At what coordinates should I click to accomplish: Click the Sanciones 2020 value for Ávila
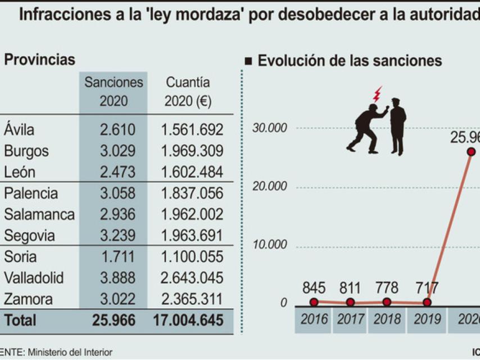click(117, 130)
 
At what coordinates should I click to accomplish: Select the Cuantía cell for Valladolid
click(192, 278)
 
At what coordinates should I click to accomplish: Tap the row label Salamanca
click(39, 214)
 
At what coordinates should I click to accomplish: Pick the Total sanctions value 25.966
click(114, 320)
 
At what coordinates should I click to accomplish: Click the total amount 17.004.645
click(188, 320)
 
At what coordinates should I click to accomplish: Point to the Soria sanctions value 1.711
click(117, 257)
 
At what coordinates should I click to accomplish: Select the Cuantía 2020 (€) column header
click(188, 92)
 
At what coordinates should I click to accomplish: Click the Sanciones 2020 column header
click(114, 92)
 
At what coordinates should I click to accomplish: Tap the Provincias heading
click(39, 60)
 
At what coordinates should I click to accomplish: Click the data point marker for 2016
click(314, 302)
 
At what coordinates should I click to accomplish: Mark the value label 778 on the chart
click(387, 289)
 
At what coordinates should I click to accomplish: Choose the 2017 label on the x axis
click(350, 319)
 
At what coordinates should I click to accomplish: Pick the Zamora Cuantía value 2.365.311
click(192, 299)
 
